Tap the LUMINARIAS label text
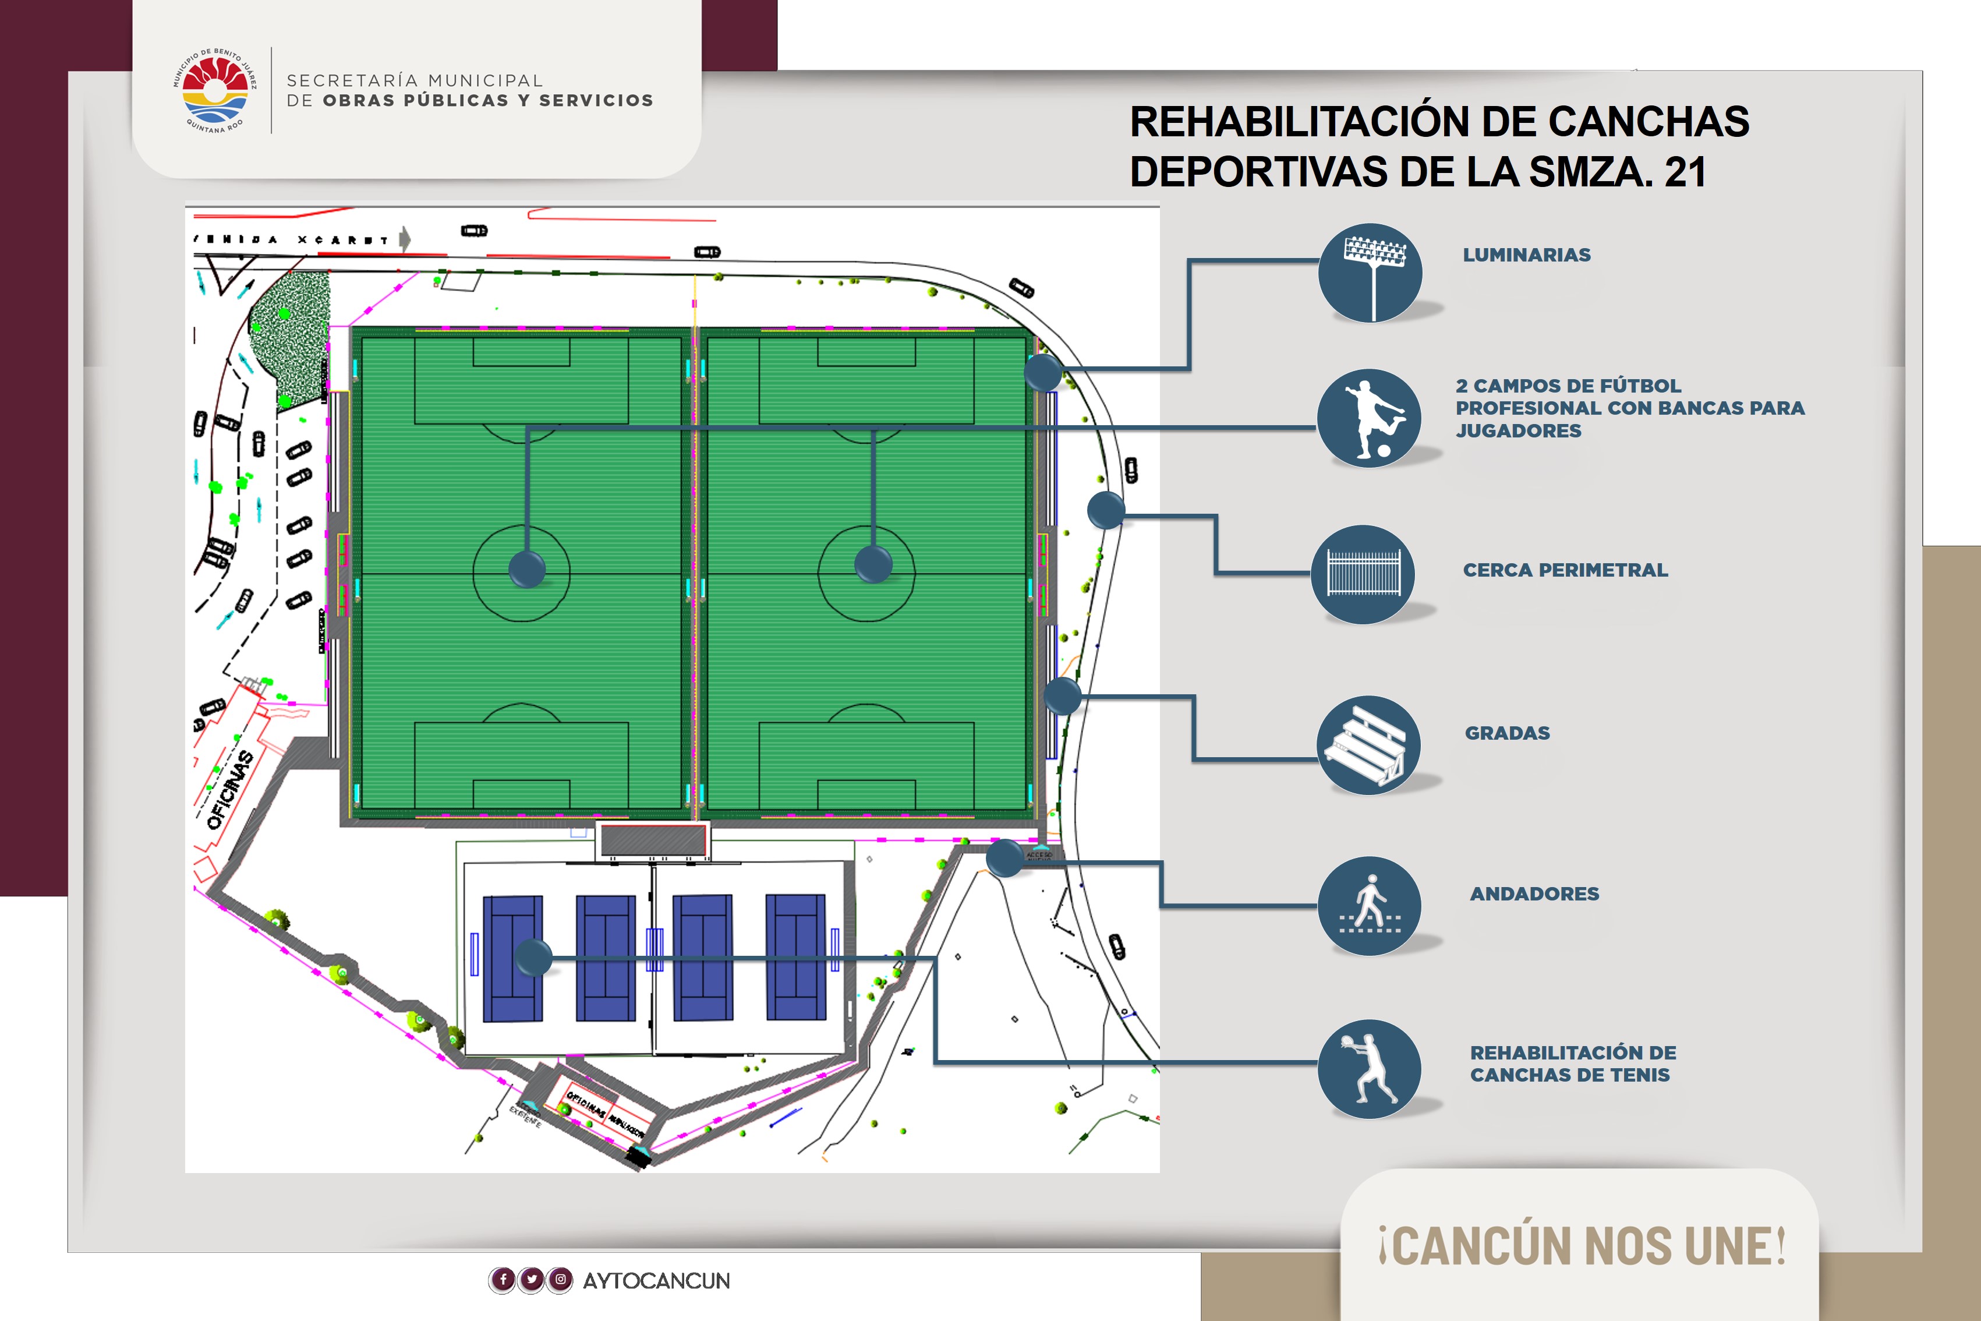[x=1526, y=255]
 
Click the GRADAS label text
[x=1507, y=733]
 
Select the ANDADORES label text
[x=1534, y=894]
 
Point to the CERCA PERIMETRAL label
[x=1565, y=570]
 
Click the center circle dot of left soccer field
[x=527, y=568]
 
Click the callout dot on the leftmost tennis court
[x=533, y=958]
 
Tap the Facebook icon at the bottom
[x=503, y=1280]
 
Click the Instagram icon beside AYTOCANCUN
[x=560, y=1280]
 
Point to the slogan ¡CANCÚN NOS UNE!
[x=1581, y=1246]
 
